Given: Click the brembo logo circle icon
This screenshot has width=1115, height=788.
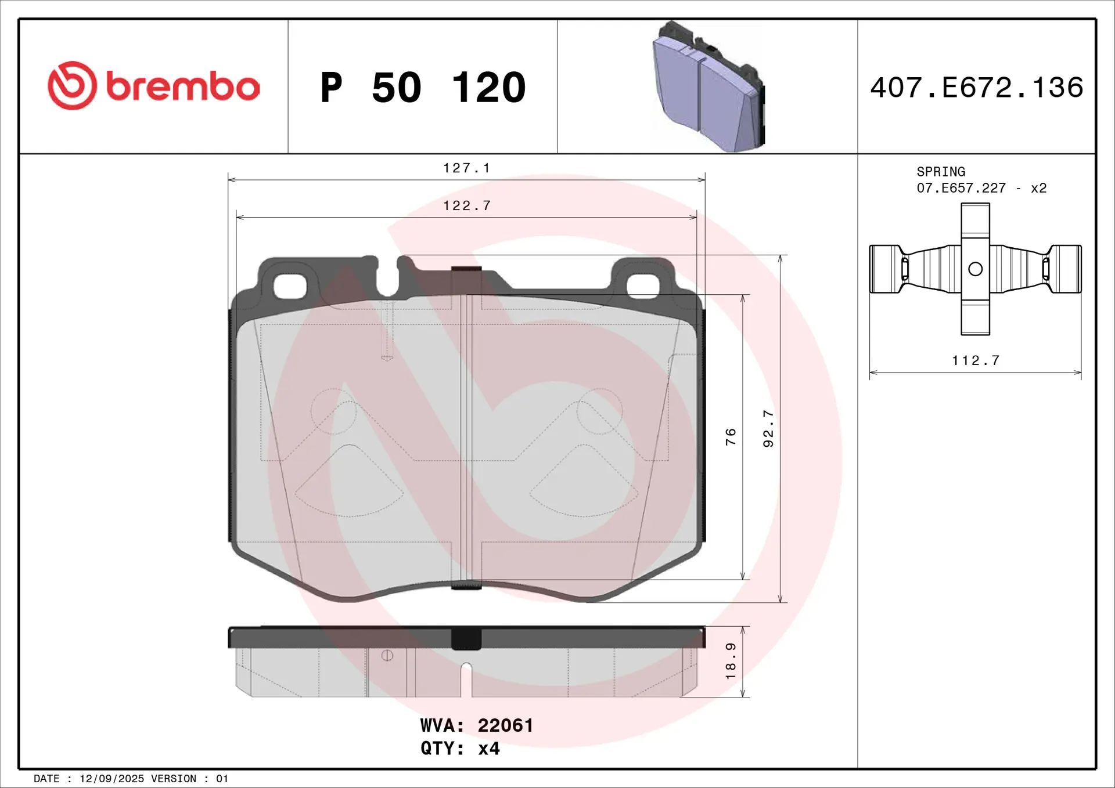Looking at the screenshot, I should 73,86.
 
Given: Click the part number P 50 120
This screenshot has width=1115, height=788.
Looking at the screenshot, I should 423,88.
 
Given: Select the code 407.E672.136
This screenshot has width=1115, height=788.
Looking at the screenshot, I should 976,88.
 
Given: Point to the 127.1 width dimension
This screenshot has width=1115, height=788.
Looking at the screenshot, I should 466,168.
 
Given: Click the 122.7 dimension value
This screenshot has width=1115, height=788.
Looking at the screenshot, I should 466,206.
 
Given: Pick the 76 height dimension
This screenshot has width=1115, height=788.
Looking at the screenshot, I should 731,436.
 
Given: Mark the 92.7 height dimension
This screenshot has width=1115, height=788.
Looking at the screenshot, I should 768,428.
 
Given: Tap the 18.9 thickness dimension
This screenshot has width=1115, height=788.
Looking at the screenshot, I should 731,661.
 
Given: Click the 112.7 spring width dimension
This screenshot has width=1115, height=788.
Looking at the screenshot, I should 976,360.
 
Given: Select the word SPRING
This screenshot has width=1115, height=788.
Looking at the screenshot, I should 941,172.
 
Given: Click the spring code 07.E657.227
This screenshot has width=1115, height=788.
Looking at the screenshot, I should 961,188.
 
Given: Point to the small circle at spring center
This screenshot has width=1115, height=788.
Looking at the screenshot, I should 976,269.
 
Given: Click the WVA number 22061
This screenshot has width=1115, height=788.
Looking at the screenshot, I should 505,725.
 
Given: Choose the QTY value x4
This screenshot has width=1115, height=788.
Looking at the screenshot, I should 489,749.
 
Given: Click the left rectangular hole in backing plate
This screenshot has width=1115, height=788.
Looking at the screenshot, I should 289,286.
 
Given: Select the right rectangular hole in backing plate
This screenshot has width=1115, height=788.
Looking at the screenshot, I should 643,286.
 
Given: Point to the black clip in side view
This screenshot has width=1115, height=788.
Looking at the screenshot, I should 466,639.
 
